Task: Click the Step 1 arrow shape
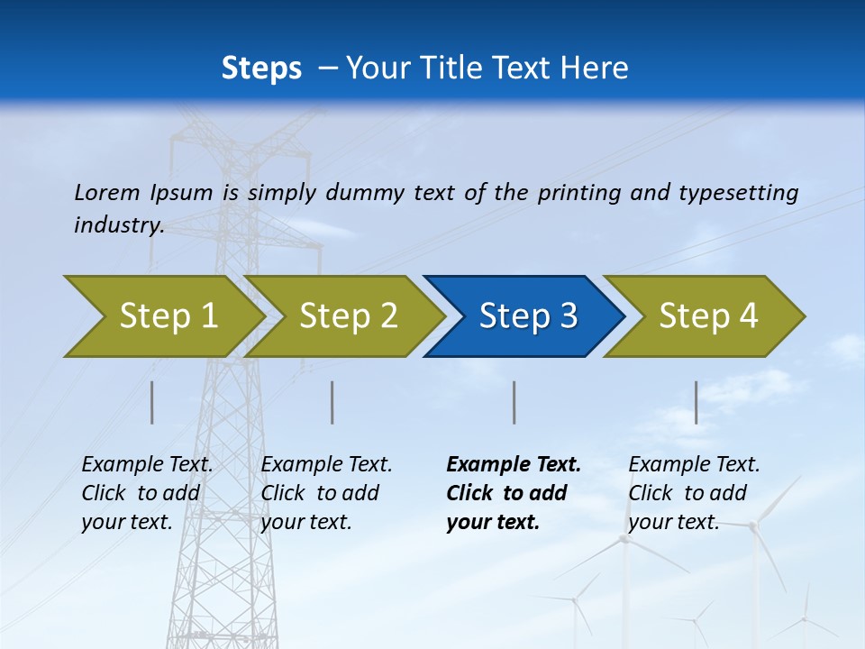click(167, 316)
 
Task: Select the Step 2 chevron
click(348, 316)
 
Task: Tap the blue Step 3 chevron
click(528, 316)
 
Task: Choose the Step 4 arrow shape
click(708, 316)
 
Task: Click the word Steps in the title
click(261, 69)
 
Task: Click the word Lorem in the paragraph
click(105, 192)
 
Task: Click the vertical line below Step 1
click(152, 402)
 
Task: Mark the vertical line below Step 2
click(332, 402)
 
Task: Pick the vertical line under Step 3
click(514, 402)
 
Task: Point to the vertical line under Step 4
click(696, 402)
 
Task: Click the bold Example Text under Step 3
click(514, 465)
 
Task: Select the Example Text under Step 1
click(147, 465)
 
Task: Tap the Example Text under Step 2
click(326, 465)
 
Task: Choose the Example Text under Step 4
click(694, 465)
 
